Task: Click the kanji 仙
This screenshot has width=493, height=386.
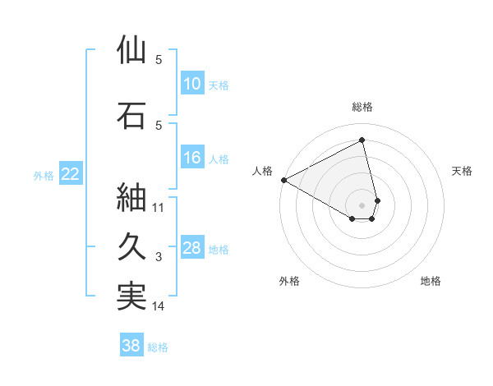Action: coord(132,50)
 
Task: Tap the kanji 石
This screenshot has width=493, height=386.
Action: coord(132,116)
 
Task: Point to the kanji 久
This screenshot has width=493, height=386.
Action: coord(132,247)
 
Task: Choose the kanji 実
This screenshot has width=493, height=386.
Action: coord(132,296)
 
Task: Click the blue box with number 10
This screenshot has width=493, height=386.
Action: coord(191,84)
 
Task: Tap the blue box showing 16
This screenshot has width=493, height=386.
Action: coord(191,158)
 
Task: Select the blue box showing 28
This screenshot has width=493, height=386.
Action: coord(191,248)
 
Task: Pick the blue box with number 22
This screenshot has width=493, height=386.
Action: coord(71,174)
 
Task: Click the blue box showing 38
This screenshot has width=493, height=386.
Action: coord(131,347)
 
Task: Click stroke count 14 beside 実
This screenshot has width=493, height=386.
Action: coord(159,306)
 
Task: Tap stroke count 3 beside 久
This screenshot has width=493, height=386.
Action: coord(159,257)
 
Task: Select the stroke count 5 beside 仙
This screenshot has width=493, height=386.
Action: coord(159,60)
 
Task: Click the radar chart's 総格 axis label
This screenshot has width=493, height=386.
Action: coord(362,107)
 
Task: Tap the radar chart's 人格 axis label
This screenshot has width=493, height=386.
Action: coord(263,171)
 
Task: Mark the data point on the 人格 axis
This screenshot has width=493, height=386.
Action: coord(283,180)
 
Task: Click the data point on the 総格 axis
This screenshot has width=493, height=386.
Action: coord(362,140)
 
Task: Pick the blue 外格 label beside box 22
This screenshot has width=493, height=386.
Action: coord(44,175)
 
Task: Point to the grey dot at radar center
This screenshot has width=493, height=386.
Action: coord(362,204)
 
